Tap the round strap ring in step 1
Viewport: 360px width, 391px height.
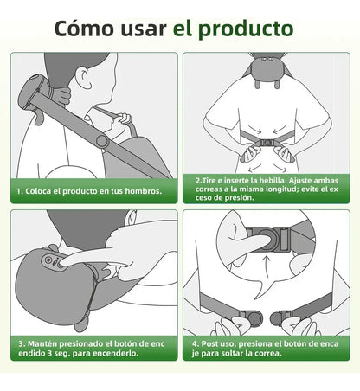(102, 139)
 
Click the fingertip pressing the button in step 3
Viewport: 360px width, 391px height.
(65, 259)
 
